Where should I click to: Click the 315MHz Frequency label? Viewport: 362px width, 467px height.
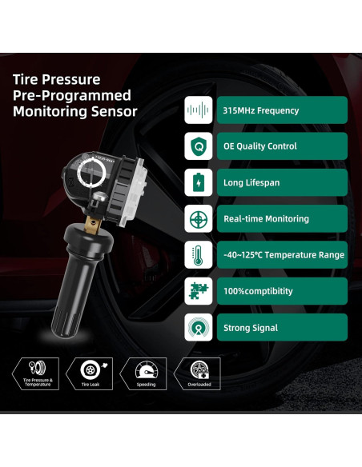point(261,110)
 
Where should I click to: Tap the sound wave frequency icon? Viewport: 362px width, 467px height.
point(198,110)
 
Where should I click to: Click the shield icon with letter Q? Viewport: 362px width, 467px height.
point(198,146)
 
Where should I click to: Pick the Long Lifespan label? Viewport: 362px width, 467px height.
point(251,182)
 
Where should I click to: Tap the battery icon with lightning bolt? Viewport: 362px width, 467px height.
point(198,182)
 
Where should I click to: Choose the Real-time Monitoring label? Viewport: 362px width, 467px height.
point(266,218)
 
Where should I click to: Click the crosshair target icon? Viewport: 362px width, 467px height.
point(198,218)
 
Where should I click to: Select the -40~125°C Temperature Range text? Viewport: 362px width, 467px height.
point(284,255)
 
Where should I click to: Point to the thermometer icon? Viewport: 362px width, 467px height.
point(198,255)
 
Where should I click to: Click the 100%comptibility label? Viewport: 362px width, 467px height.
point(258,291)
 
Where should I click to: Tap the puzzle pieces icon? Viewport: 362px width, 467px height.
point(198,291)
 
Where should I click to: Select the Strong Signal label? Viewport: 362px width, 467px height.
point(251,327)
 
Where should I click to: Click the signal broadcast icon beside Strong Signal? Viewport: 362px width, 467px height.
point(198,327)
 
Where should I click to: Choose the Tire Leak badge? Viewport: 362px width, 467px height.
point(91,373)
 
